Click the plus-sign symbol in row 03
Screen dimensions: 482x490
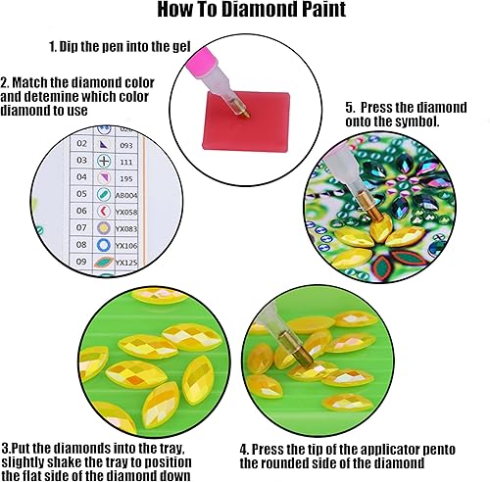[x=103, y=160]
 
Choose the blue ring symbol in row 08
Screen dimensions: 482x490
[x=104, y=244]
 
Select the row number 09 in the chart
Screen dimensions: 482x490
[x=80, y=263]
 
